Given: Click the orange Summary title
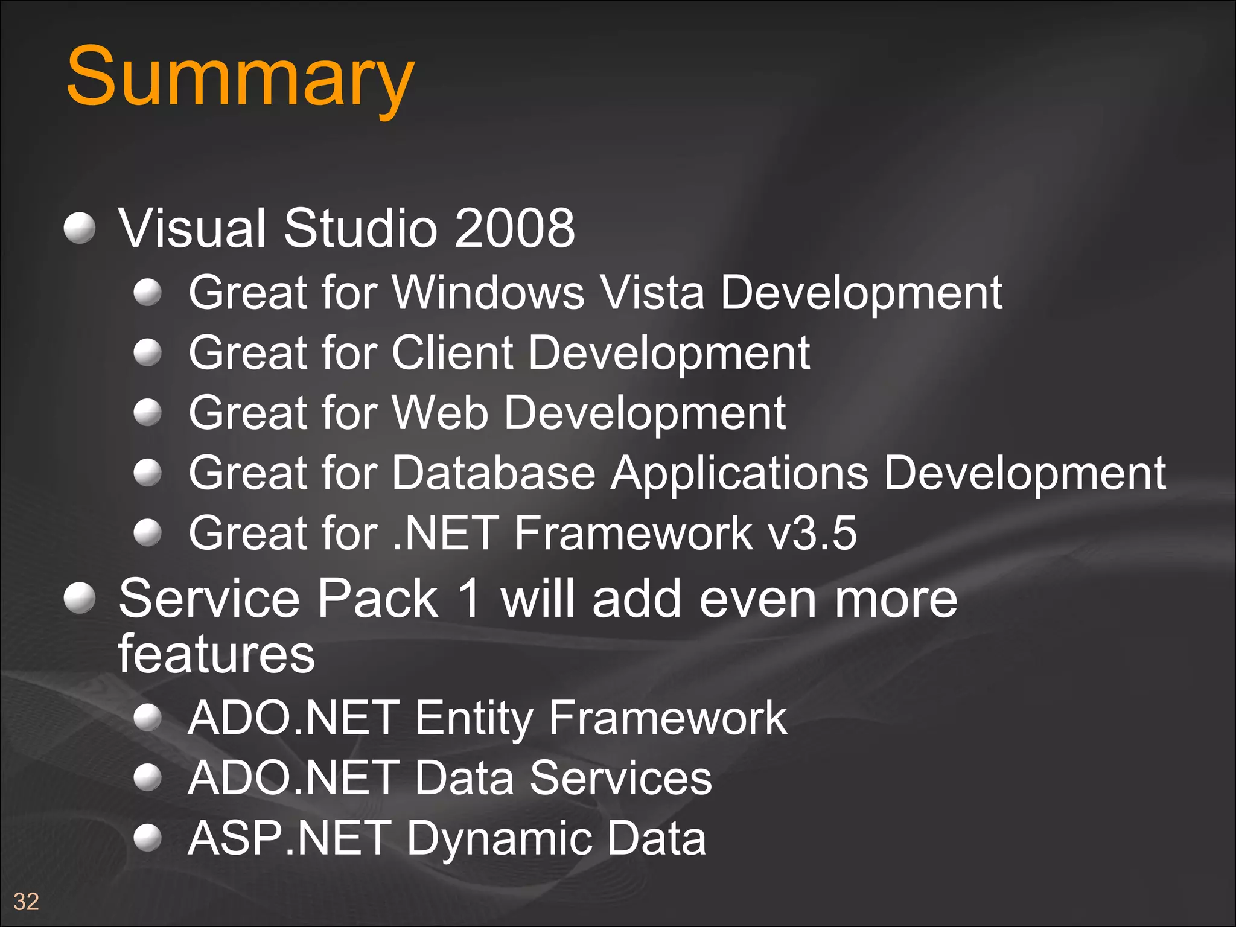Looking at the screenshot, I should click(240, 77).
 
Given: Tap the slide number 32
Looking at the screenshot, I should click(26, 902).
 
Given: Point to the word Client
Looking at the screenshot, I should click(453, 353).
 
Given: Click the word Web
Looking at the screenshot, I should click(440, 413).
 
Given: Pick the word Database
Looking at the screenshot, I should click(494, 473).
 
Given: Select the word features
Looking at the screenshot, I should click(216, 654).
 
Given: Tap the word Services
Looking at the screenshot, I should click(621, 779).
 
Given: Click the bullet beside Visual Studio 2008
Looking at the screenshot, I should click(80, 228).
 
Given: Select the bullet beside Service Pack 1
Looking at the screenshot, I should click(80, 598).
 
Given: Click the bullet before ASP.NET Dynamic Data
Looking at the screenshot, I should click(147, 838).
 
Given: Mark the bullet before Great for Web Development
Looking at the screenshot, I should click(147, 413).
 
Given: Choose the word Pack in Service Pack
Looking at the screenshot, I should click(378, 599).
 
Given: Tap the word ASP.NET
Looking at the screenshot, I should click(289, 839).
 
